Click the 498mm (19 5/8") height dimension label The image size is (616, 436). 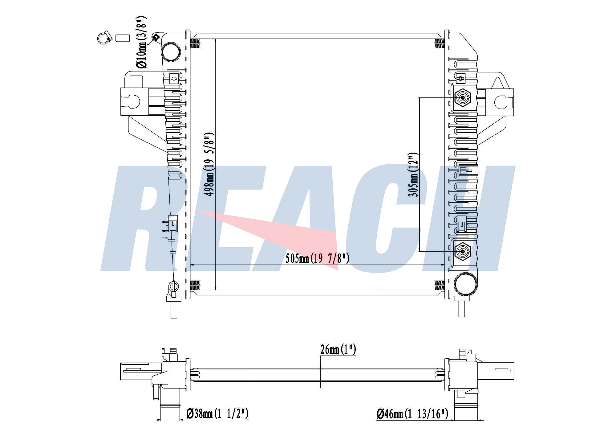(x=210, y=164)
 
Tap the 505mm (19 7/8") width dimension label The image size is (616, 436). (x=317, y=258)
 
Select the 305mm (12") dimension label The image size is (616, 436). (x=413, y=174)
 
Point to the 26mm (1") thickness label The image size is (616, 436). (x=338, y=350)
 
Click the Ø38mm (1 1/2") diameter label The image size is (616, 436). (x=217, y=413)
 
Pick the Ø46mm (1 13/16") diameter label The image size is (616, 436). (x=412, y=413)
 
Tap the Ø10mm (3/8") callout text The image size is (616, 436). (x=142, y=42)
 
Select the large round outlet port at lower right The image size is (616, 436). (x=466, y=284)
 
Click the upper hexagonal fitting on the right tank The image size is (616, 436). (x=463, y=98)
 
